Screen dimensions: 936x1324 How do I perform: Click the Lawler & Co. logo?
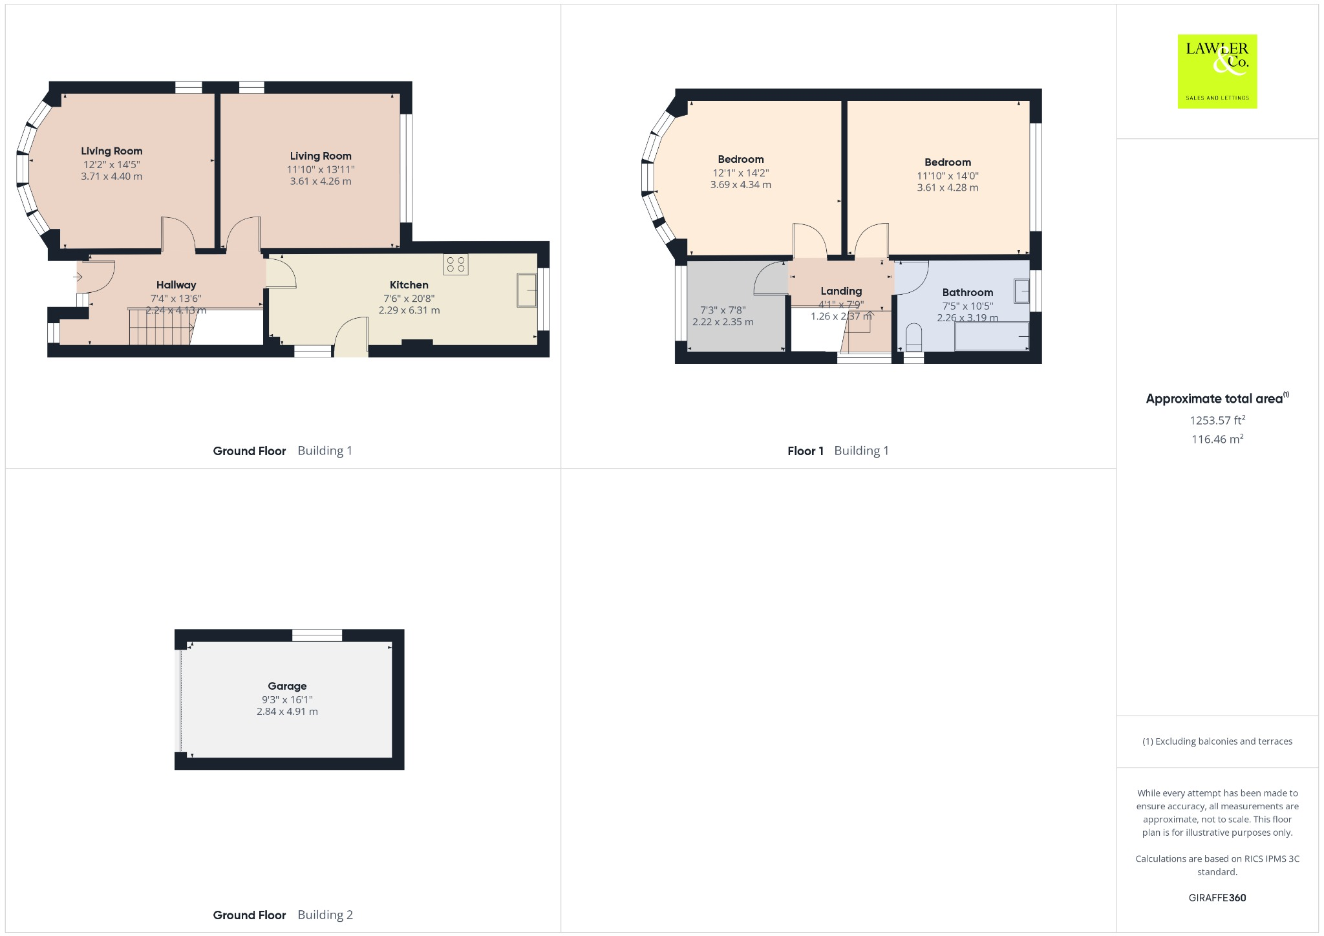[x=1217, y=71]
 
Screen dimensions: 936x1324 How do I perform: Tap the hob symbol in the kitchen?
[x=456, y=264]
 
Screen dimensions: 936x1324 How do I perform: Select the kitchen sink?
[x=527, y=290]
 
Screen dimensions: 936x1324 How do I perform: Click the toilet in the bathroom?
[x=913, y=338]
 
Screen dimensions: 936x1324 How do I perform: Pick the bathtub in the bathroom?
[x=992, y=337]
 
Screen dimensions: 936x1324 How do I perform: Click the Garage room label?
[x=287, y=686]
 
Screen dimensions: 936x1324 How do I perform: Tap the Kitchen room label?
[x=409, y=285]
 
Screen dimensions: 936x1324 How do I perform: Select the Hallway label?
[x=176, y=285]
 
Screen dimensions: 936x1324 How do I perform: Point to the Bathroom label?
[x=967, y=292]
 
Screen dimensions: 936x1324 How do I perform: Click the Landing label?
[x=841, y=291]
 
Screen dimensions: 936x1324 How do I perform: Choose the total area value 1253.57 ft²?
[x=1217, y=420]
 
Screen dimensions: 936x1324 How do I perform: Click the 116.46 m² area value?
[x=1217, y=440]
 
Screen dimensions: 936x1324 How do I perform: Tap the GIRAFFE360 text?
[x=1217, y=897]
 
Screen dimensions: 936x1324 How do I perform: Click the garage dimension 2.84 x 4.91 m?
[x=287, y=712]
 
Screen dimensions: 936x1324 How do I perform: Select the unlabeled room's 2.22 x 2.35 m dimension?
[x=723, y=322]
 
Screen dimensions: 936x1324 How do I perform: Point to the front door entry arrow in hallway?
[x=78, y=277]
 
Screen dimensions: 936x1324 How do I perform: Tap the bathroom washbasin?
[x=1021, y=291]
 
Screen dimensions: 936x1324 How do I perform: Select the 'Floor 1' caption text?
[x=806, y=451]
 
